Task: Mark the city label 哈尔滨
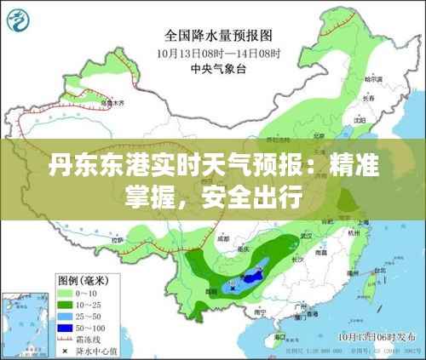[x=369, y=80]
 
